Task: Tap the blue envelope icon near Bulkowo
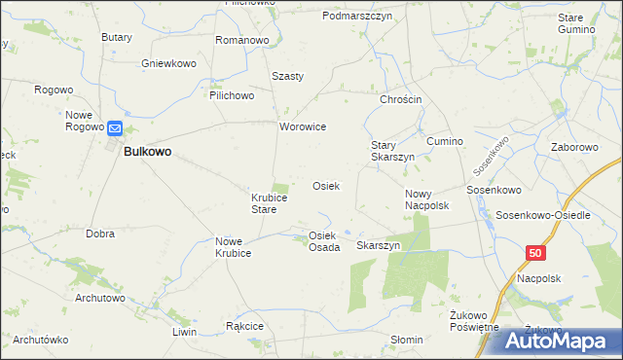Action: (x=115, y=127)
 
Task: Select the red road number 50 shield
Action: (x=535, y=253)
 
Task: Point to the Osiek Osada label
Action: (x=323, y=241)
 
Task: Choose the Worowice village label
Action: (x=302, y=127)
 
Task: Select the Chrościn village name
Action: (x=399, y=100)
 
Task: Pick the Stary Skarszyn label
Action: (x=392, y=151)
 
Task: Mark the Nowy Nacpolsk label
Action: (x=425, y=199)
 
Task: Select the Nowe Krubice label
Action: (x=234, y=247)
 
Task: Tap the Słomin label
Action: (x=406, y=340)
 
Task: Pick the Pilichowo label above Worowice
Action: (x=231, y=96)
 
